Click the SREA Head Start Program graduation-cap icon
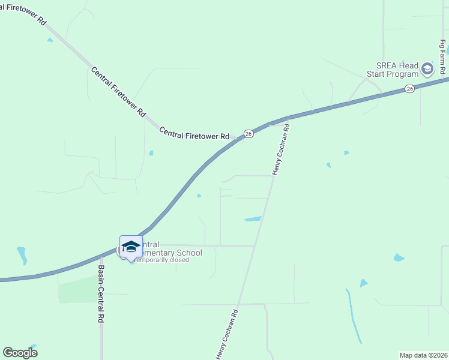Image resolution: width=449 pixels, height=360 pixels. [x=427, y=69]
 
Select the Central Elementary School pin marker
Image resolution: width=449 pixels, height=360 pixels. [x=130, y=247]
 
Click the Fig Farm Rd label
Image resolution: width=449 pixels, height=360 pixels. [x=442, y=57]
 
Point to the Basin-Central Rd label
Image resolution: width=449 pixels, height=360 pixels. [x=101, y=293]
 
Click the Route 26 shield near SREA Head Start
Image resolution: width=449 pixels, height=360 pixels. [x=409, y=89]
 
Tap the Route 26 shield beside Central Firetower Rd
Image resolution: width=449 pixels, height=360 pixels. [x=249, y=134]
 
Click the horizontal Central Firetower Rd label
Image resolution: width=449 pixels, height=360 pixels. [x=194, y=133]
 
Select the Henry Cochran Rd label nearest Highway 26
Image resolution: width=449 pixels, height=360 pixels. [x=281, y=150]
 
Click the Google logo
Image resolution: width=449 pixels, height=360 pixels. [x=20, y=353]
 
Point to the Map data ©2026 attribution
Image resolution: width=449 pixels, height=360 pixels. [x=423, y=355]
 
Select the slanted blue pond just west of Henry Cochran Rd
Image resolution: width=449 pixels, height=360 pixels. [x=253, y=219]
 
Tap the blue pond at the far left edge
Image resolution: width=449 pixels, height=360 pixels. [x=22, y=255]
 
